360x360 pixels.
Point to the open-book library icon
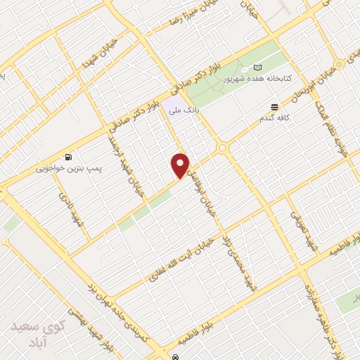click(x=257, y=68)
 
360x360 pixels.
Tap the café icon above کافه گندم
click(x=274, y=107)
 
